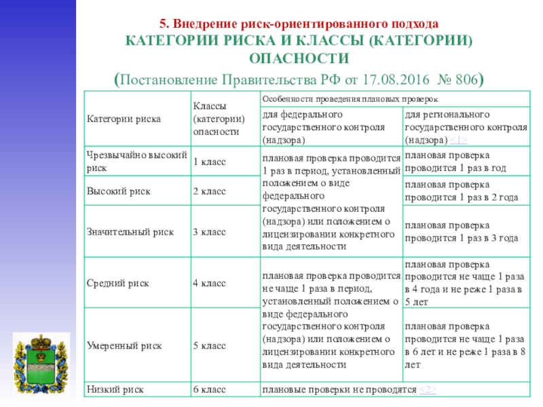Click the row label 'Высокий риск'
[x=113, y=193]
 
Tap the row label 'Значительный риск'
[x=130, y=232]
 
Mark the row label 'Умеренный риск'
[x=124, y=346]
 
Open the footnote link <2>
[x=427, y=390]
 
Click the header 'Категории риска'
[x=124, y=119]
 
